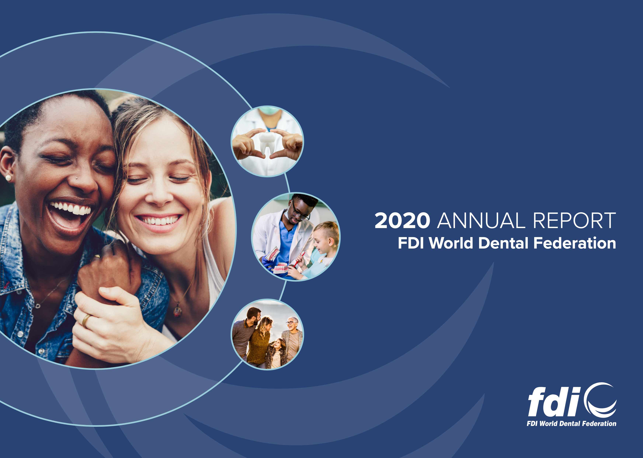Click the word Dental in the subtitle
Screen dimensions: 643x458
click(503, 243)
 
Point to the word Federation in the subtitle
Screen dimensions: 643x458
click(575, 243)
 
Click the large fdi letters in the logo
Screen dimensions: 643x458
click(554, 402)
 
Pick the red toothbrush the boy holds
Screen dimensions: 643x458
click(299, 259)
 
